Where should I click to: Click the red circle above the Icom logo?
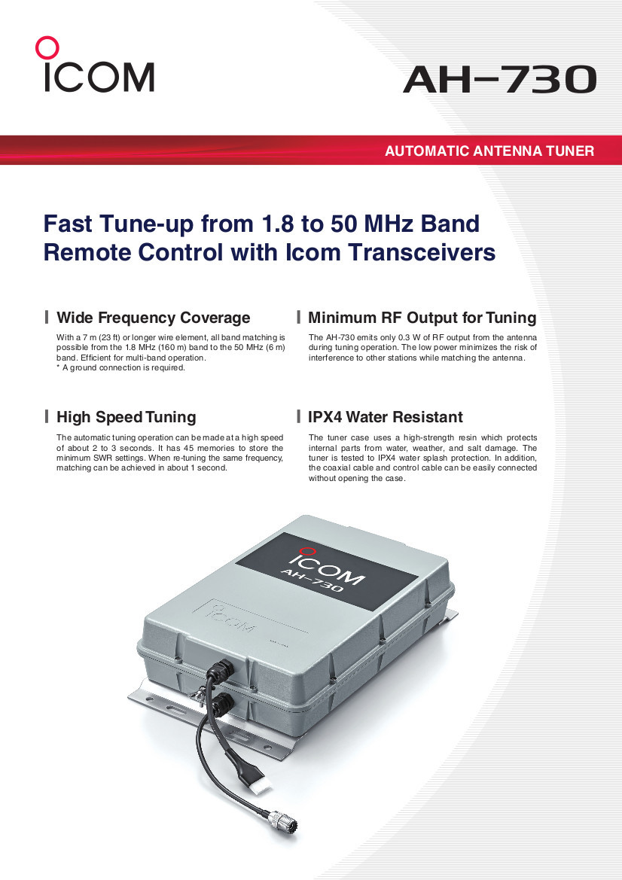coord(47,48)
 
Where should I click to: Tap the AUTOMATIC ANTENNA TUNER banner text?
coord(489,151)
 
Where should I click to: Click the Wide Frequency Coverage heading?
coord(153,318)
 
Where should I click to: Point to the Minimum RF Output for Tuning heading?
coord(422,318)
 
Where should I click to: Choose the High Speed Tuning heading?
coord(126,417)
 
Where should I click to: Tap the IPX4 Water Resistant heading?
coord(385,417)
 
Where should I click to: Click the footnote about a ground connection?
coord(120,368)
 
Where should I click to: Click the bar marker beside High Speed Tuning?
coord(47,417)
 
